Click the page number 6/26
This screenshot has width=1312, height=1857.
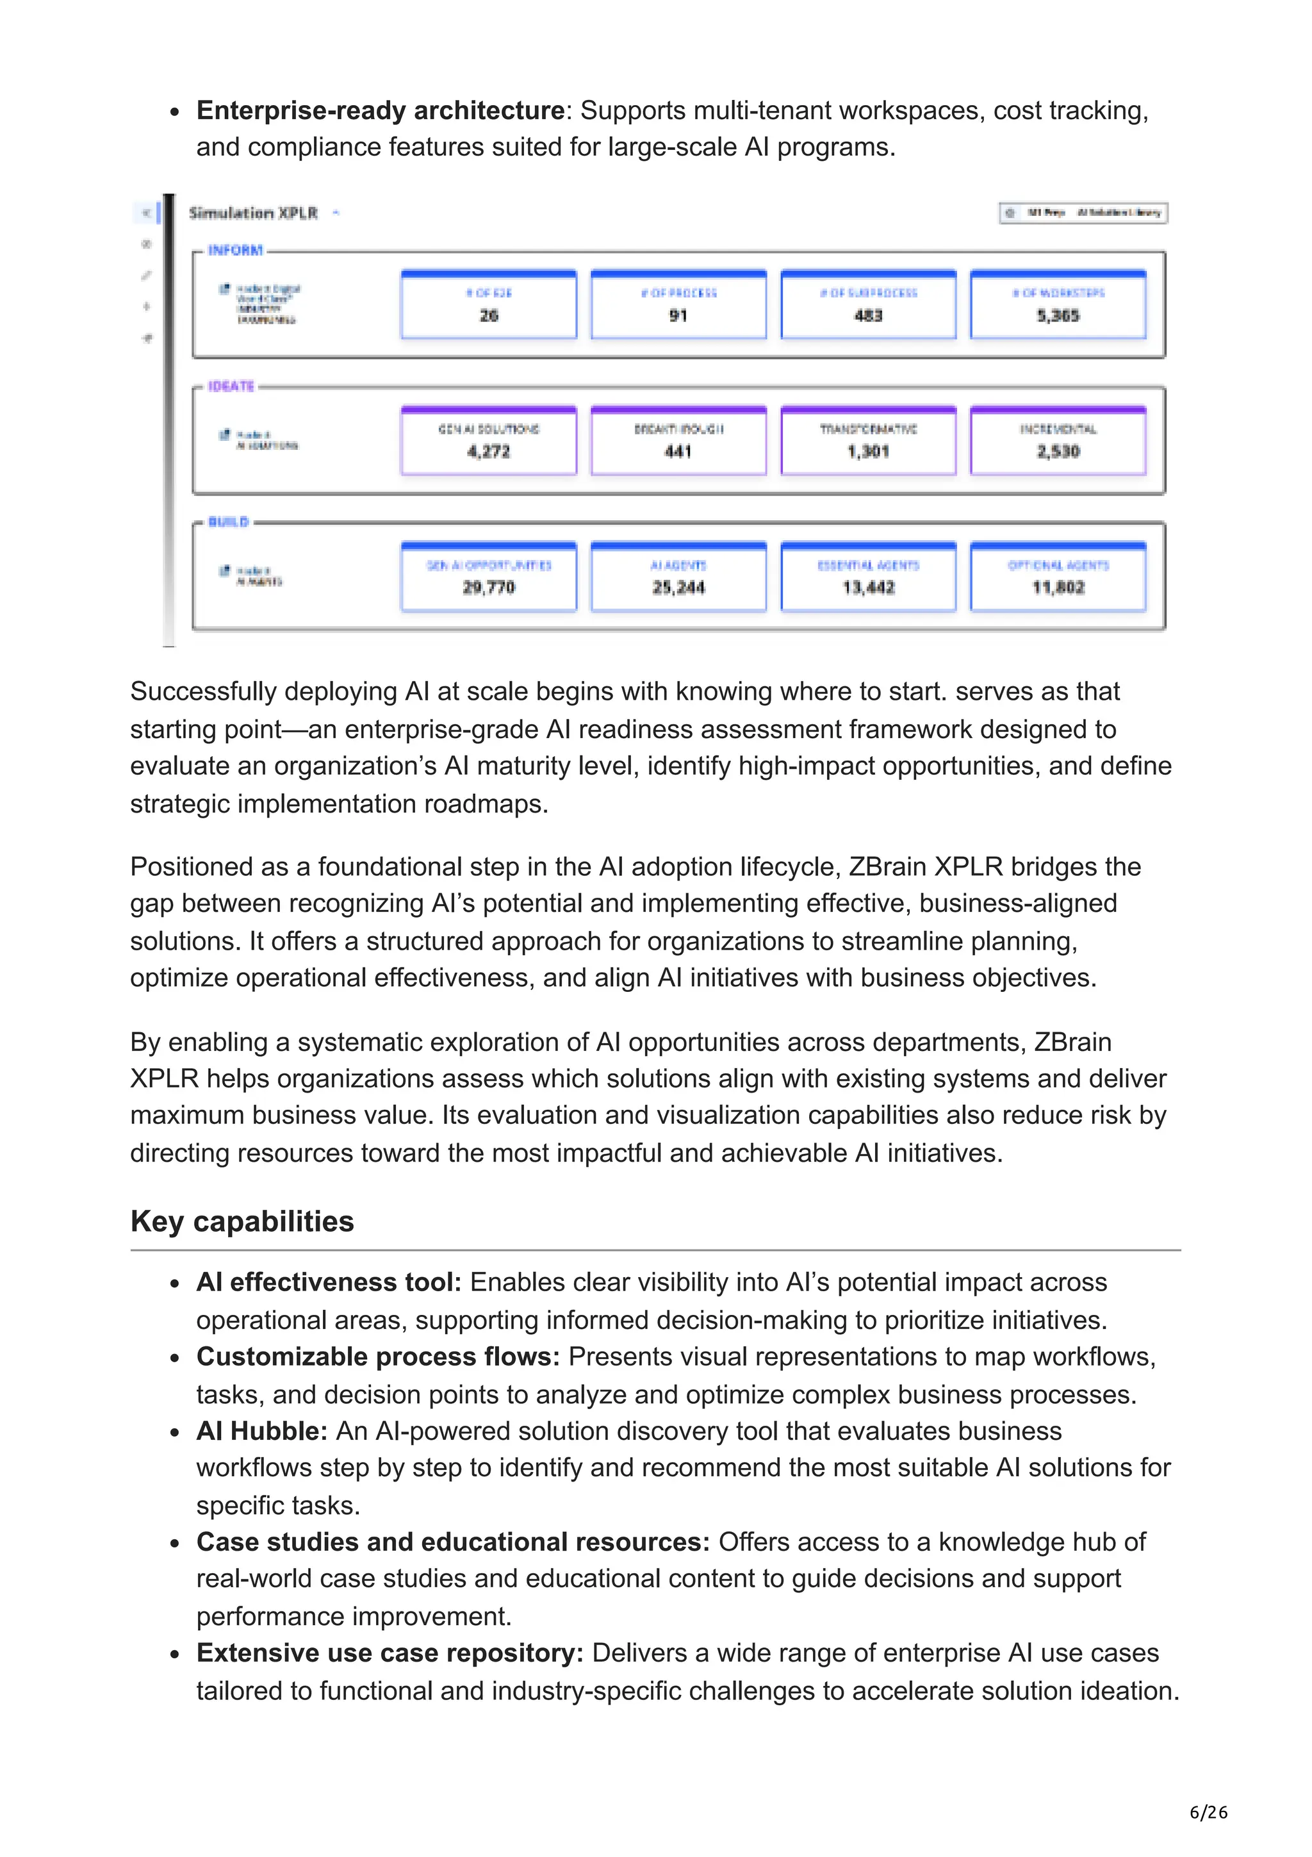pyautogui.click(x=1208, y=1813)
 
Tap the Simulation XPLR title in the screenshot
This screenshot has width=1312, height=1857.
pyautogui.click(x=253, y=213)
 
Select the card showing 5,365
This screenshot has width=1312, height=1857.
pyautogui.click(x=1058, y=305)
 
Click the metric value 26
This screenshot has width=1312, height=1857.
pyautogui.click(x=488, y=315)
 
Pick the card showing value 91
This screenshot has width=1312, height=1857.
pyautogui.click(x=678, y=305)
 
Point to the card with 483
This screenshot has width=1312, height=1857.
pyautogui.click(x=867, y=305)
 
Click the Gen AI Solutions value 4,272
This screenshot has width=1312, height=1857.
pyautogui.click(x=488, y=451)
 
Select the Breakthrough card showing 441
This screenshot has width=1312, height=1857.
pyautogui.click(x=678, y=441)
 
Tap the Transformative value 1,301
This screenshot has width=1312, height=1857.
pyautogui.click(x=867, y=451)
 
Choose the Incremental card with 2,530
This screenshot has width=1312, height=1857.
pyautogui.click(x=1058, y=441)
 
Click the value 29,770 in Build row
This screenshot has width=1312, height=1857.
pyautogui.click(x=488, y=587)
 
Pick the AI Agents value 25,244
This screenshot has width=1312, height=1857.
pyautogui.click(x=678, y=587)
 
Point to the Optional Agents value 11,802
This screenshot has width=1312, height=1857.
pyautogui.click(x=1058, y=587)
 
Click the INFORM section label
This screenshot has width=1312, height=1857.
pyautogui.click(x=235, y=251)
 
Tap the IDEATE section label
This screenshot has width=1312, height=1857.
pyautogui.click(x=231, y=386)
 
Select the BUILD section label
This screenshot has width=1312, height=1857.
pyautogui.click(x=228, y=522)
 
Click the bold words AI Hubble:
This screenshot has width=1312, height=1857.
pyautogui.click(x=261, y=1431)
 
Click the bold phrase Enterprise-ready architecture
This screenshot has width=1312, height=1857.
pyautogui.click(x=380, y=110)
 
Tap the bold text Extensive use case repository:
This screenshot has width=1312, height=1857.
pyautogui.click(x=389, y=1653)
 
